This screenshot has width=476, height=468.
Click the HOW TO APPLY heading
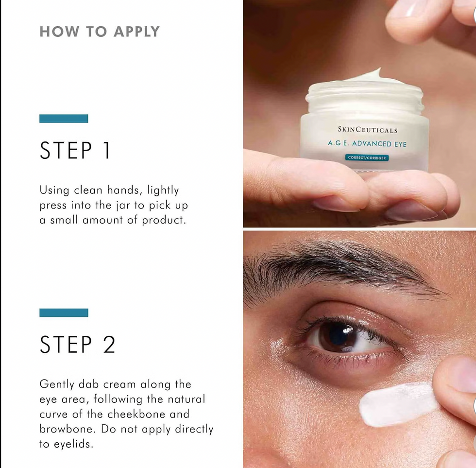pyautogui.click(x=100, y=32)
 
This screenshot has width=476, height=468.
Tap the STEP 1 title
pyautogui.click(x=75, y=150)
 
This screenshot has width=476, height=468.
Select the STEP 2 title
pyautogui.click(x=77, y=345)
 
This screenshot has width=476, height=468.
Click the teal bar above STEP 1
pyautogui.click(x=64, y=119)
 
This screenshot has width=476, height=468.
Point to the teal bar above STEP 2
pyautogui.click(x=64, y=313)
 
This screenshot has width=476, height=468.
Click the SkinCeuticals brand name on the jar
pyautogui.click(x=368, y=130)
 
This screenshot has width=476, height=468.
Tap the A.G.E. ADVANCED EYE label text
pyautogui.click(x=367, y=143)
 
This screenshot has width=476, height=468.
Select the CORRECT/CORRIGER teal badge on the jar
pyautogui.click(x=367, y=157)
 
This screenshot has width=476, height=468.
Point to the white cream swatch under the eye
pyautogui.click(x=398, y=404)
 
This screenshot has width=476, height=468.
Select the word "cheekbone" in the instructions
pyautogui.click(x=136, y=414)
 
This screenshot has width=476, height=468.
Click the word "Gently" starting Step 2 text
pyautogui.click(x=57, y=384)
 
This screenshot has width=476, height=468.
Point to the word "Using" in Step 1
pyautogui.click(x=54, y=191)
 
